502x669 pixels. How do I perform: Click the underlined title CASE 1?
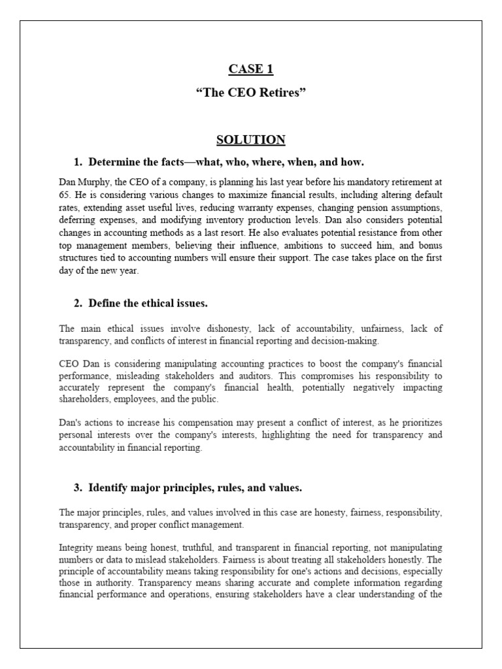(x=250, y=69)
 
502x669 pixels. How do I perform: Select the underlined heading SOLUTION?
(x=250, y=140)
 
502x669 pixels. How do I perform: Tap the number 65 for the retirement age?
(x=64, y=195)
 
